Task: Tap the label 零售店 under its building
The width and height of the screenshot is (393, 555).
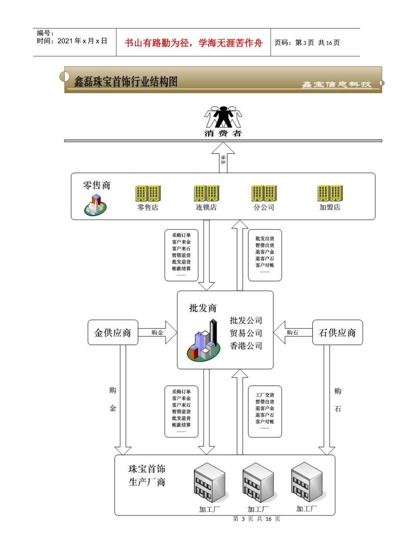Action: [x=148, y=207]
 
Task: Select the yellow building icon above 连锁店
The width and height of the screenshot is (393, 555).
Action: [x=206, y=193]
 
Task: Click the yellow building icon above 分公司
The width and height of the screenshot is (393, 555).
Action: [x=264, y=193]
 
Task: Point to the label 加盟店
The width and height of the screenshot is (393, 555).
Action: [x=330, y=207]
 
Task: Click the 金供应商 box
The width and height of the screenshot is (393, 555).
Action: [x=113, y=332]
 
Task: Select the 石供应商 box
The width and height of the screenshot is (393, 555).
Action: [x=337, y=332]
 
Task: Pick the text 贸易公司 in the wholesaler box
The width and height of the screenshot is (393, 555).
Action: [x=246, y=333]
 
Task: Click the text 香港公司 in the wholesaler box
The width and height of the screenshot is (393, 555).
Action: [x=246, y=346]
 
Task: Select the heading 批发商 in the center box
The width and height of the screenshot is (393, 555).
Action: [x=203, y=308]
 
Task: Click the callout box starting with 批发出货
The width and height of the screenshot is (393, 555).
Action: [x=265, y=255]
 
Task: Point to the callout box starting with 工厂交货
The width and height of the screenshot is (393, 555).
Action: [x=265, y=411]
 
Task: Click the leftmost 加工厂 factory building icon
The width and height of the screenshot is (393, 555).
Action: [x=210, y=482]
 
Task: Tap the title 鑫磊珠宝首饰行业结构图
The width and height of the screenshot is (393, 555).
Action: [x=126, y=82]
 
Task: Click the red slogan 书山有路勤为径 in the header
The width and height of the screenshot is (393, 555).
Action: [x=193, y=43]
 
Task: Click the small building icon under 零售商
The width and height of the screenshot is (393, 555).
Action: [x=96, y=205]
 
